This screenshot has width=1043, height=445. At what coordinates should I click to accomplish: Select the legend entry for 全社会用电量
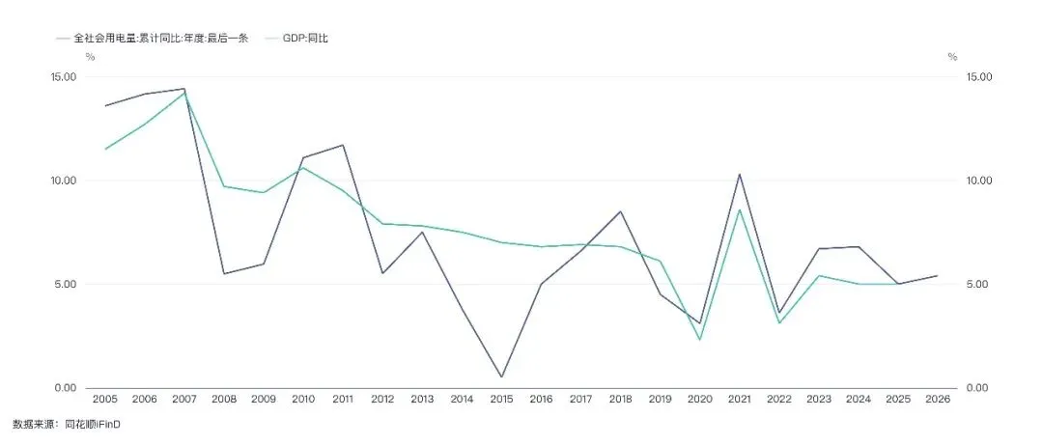coord(153,38)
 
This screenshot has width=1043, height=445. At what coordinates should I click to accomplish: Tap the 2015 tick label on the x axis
coord(501,399)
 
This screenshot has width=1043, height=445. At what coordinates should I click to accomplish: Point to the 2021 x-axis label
coord(739,399)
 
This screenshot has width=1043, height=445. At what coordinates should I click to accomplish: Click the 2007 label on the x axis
coord(184,399)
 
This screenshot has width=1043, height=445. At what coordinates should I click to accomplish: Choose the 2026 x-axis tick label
coord(937,399)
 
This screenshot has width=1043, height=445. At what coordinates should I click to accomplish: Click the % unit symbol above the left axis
coord(90,57)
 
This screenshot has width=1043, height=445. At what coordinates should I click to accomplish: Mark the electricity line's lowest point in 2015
coord(501,377)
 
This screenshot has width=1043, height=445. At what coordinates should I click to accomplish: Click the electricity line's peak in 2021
coord(739,175)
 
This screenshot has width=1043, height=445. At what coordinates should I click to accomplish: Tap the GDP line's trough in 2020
coord(700,340)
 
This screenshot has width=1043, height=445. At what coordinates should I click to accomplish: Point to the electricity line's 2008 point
coord(224,273)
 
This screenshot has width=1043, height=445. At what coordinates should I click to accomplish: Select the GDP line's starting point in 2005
coord(105,149)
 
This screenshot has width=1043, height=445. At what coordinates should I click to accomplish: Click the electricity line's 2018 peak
coord(621,211)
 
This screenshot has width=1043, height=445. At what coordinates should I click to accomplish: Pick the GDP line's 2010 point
coord(303,168)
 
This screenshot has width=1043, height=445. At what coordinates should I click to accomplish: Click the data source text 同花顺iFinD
coord(96,424)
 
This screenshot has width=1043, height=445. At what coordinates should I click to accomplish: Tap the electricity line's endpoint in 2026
coord(937,275)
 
